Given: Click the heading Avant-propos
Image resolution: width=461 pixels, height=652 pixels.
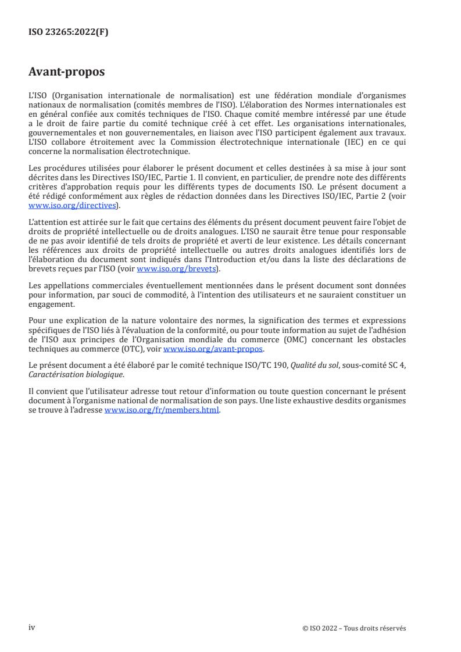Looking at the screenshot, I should tap(66, 73).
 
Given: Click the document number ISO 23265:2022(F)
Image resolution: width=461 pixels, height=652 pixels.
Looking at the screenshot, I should tap(68, 33).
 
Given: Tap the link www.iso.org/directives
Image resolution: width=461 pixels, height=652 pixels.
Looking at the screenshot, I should tap(73, 205).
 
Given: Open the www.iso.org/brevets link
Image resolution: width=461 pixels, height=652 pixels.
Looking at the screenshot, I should tap(176, 269).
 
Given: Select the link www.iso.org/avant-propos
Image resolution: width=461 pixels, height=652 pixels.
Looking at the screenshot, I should tap(214, 349).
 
